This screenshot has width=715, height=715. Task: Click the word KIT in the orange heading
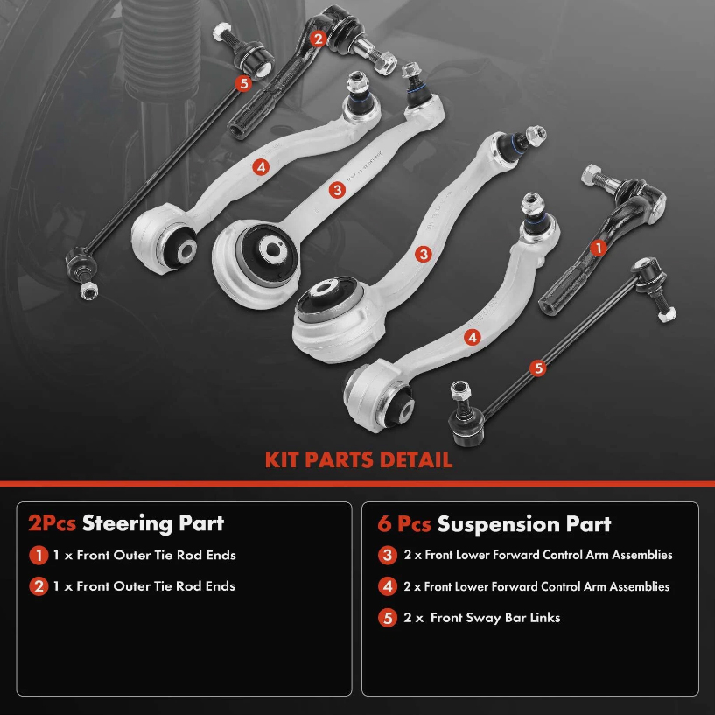tap(285, 459)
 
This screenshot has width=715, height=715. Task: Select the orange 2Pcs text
tap(52, 523)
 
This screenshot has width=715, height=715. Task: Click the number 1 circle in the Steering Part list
tap(39, 555)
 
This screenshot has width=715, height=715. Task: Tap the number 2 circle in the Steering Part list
tap(39, 586)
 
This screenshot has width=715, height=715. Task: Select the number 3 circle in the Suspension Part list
tap(388, 555)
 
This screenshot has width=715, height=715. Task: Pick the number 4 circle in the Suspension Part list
tap(388, 586)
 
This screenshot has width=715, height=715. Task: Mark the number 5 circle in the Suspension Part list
tap(388, 618)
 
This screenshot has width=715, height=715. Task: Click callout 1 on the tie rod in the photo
tap(599, 249)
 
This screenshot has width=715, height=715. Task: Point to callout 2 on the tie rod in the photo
tap(318, 38)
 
